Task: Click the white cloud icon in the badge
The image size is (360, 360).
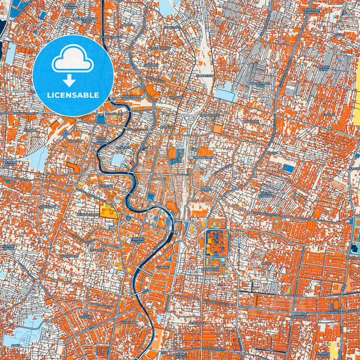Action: [x=72, y=59]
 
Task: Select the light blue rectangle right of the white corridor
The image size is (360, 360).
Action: [x=226, y=96]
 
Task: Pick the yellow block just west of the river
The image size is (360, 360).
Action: [x=108, y=211]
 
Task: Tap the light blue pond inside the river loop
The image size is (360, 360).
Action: [x=119, y=160]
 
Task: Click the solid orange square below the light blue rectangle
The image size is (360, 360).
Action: [x=218, y=128]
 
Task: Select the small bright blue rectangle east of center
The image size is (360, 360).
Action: [x=288, y=168]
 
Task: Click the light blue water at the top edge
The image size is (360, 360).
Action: [x=166, y=7]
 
